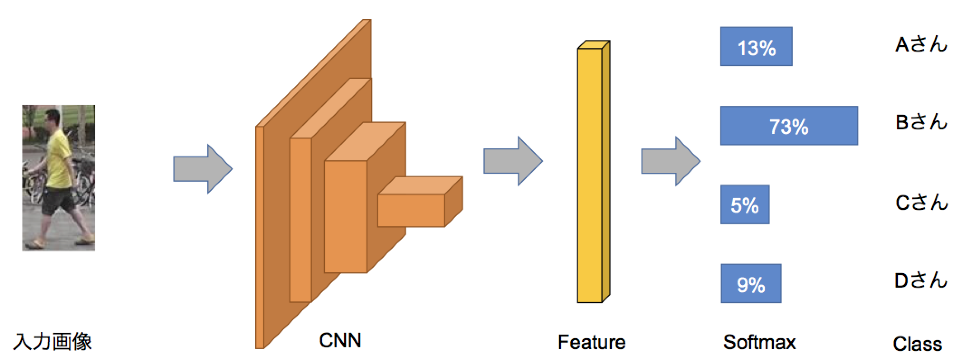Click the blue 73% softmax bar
pyautogui.click(x=789, y=126)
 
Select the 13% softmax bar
pyautogui.click(x=756, y=47)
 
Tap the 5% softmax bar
pyautogui.click(x=745, y=204)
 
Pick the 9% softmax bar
pyautogui.click(x=751, y=284)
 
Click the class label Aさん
pyautogui.click(x=920, y=44)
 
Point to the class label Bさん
pyautogui.click(x=920, y=122)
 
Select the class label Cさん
pyautogui.click(x=920, y=202)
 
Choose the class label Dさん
pyautogui.click(x=920, y=281)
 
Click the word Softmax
pyautogui.click(x=759, y=342)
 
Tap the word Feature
pyautogui.click(x=591, y=342)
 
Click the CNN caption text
pyautogui.click(x=340, y=340)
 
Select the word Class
pyautogui.click(x=917, y=344)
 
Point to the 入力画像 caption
pyautogui.click(x=52, y=341)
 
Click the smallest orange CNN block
pyautogui.click(x=412, y=210)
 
